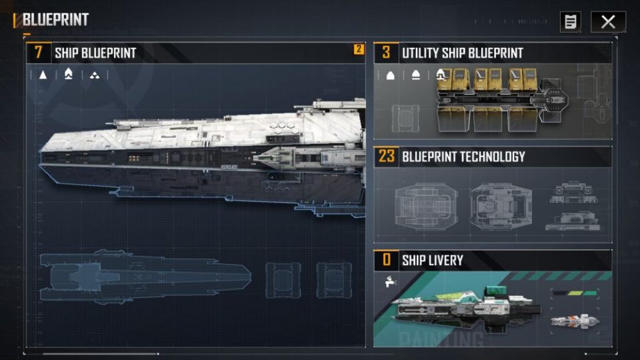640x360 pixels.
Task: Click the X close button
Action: pos(608,21)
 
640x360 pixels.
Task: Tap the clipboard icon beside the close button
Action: pos(570,21)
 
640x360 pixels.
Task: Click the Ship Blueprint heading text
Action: pos(95,53)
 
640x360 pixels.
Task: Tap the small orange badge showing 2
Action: pos(359,49)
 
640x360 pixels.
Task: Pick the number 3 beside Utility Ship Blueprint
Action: pos(386,53)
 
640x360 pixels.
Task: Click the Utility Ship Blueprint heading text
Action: pos(462,53)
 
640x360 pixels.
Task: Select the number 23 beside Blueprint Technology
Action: pos(386,157)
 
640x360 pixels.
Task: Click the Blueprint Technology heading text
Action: pos(463,157)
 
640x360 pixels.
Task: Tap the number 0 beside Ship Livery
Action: pos(386,260)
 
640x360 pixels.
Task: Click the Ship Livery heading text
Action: pos(432,260)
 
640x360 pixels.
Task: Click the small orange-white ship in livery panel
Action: pos(574,322)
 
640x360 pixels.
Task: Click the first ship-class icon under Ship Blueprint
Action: pos(43,75)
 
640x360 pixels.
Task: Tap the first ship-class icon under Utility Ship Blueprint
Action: pos(391,75)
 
